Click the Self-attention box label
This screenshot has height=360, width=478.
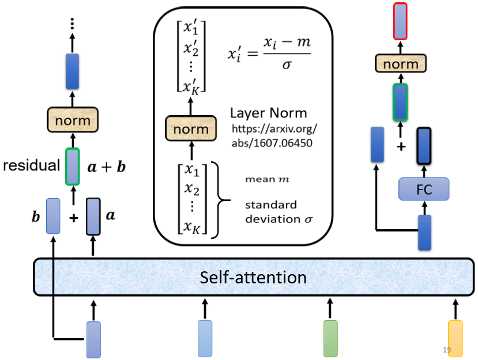click(253, 278)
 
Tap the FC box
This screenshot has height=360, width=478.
click(423, 188)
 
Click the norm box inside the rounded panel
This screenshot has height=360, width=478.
click(190, 128)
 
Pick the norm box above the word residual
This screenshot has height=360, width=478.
click(73, 120)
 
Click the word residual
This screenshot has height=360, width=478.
click(32, 166)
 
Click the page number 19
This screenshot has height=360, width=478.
click(446, 350)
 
